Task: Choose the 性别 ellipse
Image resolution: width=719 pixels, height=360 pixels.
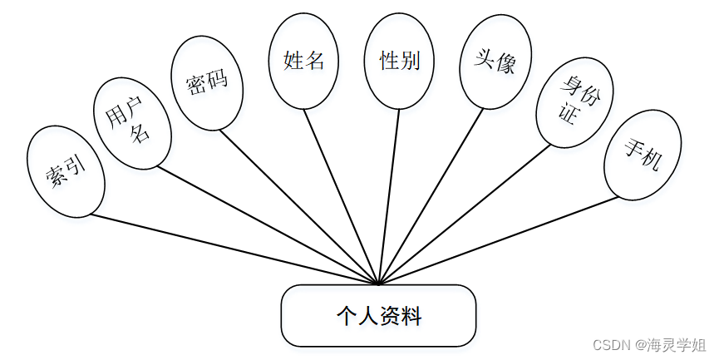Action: click(x=399, y=62)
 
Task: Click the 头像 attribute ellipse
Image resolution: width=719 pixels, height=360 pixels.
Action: click(x=495, y=63)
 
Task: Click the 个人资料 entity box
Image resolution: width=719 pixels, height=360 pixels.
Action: click(x=378, y=315)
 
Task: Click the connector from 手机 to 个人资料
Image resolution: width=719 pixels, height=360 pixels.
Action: click(x=499, y=241)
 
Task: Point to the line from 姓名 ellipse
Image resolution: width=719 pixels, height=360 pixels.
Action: click(x=341, y=195)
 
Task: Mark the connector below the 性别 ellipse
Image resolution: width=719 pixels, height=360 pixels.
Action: click(x=389, y=195)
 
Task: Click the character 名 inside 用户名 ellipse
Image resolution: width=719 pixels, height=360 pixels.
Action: click(x=142, y=133)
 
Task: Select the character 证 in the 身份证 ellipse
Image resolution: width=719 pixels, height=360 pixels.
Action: click(x=569, y=116)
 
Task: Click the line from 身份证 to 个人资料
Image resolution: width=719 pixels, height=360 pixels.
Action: click(x=465, y=214)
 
